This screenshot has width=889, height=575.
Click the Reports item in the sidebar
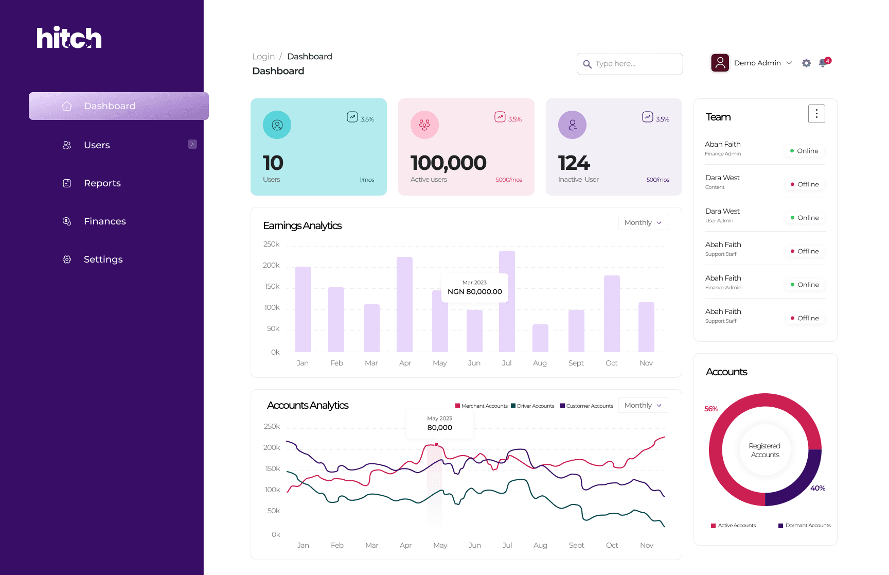(x=102, y=183)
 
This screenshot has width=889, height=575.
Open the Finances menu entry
(x=104, y=221)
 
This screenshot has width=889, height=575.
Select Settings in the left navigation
(x=103, y=259)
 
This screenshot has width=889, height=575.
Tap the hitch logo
(x=69, y=38)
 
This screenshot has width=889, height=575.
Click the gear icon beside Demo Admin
(x=806, y=63)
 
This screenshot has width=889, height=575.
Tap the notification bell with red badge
(x=823, y=63)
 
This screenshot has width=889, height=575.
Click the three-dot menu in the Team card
(x=816, y=114)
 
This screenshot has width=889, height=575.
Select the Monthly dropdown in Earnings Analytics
(x=643, y=222)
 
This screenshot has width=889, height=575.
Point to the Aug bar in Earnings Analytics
(x=540, y=338)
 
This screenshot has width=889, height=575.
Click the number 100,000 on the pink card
(x=448, y=163)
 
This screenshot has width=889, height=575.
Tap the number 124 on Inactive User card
(x=574, y=163)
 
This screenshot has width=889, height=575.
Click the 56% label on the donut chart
(x=711, y=409)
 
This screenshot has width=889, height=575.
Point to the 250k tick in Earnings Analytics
(x=271, y=244)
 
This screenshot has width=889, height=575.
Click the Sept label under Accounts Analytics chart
(x=576, y=545)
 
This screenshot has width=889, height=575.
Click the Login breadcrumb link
(x=263, y=57)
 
